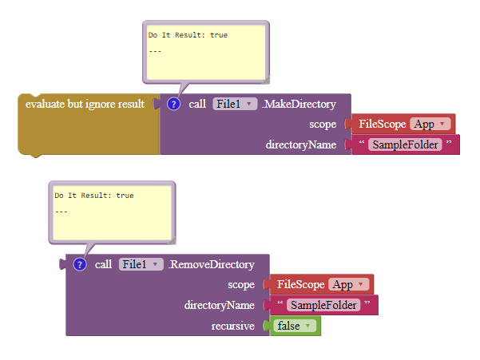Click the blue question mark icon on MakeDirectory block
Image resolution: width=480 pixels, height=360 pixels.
click(174, 104)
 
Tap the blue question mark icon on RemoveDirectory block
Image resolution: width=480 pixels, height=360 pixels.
click(80, 264)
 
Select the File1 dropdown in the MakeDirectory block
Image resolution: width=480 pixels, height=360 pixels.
click(234, 104)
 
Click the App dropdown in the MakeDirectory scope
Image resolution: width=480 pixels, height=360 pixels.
click(431, 124)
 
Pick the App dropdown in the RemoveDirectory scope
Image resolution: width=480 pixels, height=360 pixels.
click(351, 284)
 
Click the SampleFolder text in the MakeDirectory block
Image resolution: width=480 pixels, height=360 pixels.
click(407, 145)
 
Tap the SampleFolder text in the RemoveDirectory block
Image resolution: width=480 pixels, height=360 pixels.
click(323, 305)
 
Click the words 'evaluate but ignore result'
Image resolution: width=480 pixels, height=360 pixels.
click(85, 104)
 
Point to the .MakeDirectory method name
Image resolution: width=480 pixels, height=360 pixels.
click(299, 104)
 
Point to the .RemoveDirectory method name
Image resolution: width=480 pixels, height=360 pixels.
click(211, 264)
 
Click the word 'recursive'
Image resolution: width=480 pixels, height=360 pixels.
click(232, 326)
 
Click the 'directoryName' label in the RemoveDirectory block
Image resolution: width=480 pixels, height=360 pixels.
click(220, 305)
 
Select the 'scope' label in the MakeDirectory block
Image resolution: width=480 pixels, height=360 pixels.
click(323, 124)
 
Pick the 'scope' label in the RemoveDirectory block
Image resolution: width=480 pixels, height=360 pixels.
click(241, 284)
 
